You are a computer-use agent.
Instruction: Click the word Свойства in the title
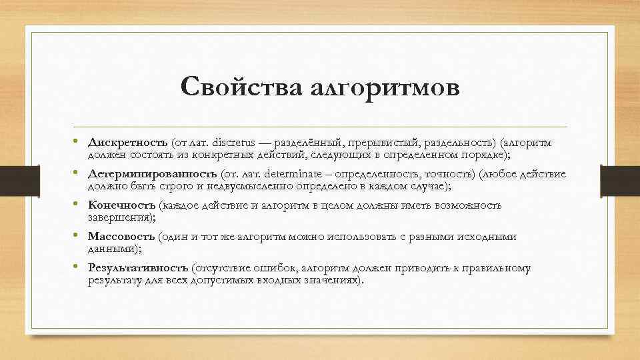click(x=241, y=88)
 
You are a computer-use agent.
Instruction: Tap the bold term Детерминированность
click(x=153, y=174)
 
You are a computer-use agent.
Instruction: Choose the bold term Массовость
click(x=121, y=237)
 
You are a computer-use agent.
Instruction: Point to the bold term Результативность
click(x=138, y=268)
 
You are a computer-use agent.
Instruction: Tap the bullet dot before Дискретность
click(x=78, y=142)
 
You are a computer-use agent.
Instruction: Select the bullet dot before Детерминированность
click(x=78, y=173)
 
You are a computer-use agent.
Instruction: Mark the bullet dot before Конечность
click(x=78, y=205)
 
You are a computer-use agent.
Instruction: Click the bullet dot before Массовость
click(x=78, y=236)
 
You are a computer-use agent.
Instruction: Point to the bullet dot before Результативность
click(x=78, y=267)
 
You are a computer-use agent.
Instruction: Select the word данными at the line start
click(x=111, y=249)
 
